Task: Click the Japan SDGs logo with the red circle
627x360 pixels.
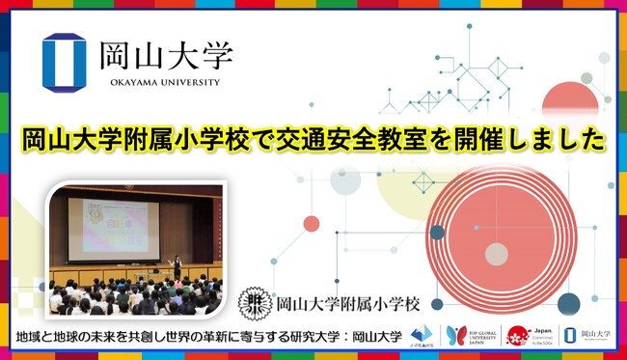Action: [x=522, y=335]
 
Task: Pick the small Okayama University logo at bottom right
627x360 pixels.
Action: [x=585, y=335]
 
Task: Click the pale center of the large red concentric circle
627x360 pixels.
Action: [x=497, y=254]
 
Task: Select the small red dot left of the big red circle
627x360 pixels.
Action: [x=311, y=223]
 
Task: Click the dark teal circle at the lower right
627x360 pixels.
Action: [x=568, y=304]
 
